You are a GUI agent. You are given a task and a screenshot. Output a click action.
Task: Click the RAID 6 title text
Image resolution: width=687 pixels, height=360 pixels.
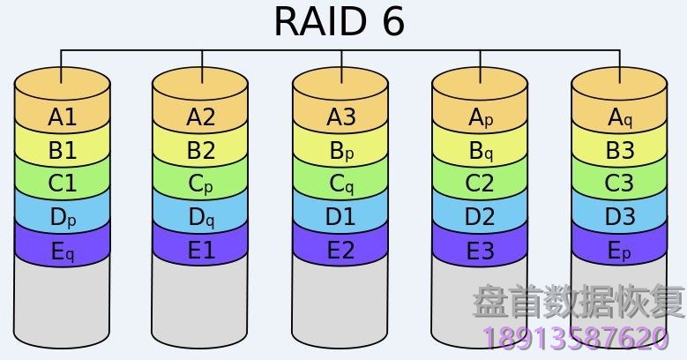(340, 22)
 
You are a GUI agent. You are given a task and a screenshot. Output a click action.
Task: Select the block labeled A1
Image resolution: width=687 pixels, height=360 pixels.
(63, 116)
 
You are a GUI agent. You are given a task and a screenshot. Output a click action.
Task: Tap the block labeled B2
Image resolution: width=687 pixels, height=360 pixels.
(201, 151)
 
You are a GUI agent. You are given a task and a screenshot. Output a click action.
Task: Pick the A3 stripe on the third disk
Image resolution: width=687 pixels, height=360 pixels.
(340, 116)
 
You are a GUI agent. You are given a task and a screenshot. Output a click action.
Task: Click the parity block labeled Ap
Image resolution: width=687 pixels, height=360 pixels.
(480, 116)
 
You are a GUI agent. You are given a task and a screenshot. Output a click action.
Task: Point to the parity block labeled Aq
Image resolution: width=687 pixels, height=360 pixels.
(619, 116)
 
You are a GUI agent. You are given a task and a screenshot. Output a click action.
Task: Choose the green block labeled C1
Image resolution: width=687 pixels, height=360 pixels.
(63, 184)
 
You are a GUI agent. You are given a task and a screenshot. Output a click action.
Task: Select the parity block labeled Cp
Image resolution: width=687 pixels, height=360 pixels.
(201, 184)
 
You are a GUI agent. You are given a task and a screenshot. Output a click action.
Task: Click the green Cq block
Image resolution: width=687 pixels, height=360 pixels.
(340, 184)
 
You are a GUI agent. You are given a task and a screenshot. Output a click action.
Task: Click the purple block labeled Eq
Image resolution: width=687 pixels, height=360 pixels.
(63, 251)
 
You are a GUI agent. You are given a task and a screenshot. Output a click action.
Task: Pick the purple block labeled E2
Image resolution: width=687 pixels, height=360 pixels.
(340, 251)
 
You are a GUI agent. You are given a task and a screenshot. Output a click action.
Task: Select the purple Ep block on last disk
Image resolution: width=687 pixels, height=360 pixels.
(619, 251)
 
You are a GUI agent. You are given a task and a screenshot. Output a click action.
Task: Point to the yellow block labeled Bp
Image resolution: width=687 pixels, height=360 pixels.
(340, 151)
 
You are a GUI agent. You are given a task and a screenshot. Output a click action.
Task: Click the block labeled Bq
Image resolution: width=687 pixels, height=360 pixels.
(480, 151)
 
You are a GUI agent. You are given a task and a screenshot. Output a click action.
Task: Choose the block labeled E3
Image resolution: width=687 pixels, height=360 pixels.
(480, 251)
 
